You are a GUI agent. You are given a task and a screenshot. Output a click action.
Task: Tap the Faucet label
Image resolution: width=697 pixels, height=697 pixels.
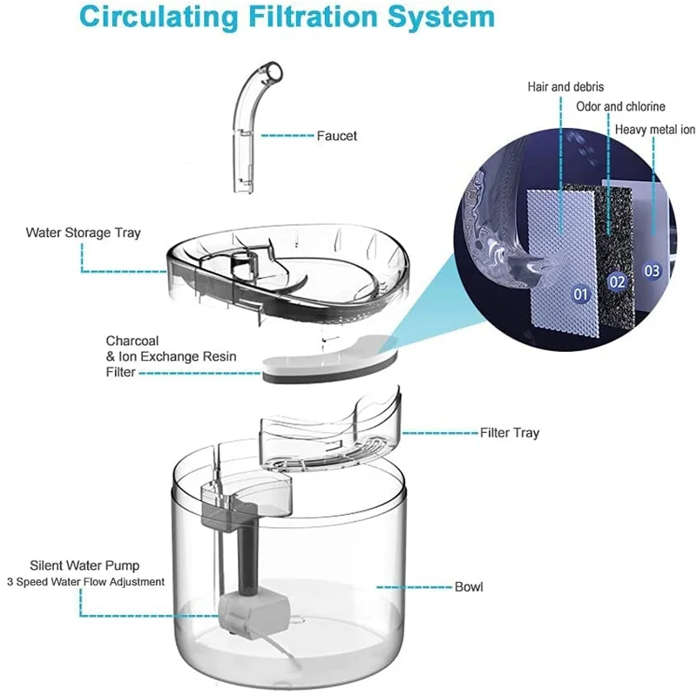click(x=336, y=136)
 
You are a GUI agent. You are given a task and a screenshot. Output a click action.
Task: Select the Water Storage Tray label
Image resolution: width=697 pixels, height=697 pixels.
click(x=83, y=233)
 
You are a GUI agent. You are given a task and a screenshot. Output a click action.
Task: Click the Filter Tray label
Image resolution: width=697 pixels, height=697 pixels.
click(x=510, y=432)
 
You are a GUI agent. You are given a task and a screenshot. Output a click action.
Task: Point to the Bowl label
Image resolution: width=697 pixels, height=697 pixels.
click(x=468, y=586)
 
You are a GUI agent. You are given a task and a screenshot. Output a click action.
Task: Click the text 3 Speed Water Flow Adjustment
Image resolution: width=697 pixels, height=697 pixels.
click(x=85, y=582)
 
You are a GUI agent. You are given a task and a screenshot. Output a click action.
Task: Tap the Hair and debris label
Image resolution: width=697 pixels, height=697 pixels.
click(x=565, y=87)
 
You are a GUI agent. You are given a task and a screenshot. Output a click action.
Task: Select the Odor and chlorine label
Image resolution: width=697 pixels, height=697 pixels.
click(x=620, y=106)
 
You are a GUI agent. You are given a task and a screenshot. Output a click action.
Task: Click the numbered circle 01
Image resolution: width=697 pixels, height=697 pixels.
click(x=581, y=294)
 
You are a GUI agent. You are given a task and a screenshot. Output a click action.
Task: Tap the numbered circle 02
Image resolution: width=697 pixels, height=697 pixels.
click(x=618, y=281)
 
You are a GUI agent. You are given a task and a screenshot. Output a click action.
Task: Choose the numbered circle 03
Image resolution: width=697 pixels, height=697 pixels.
click(x=653, y=271)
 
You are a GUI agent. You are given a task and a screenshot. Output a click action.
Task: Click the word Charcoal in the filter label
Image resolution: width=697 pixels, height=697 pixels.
click(x=132, y=341)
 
